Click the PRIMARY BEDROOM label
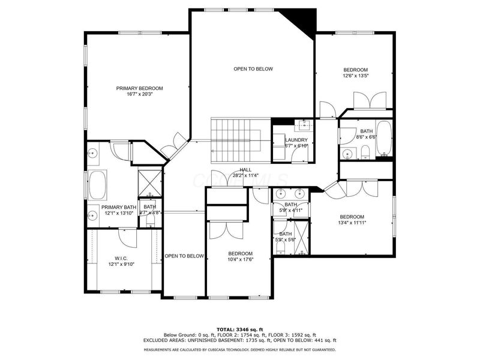click(139, 88)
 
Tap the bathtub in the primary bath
click(97, 185)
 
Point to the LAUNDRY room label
click(296, 140)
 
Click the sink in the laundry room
click(304, 125)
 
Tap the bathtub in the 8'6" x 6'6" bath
click(384, 139)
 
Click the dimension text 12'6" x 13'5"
click(355, 76)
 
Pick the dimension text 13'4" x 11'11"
click(352, 223)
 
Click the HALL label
click(245, 170)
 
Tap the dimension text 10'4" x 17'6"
click(240, 259)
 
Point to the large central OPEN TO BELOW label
click(253, 69)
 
